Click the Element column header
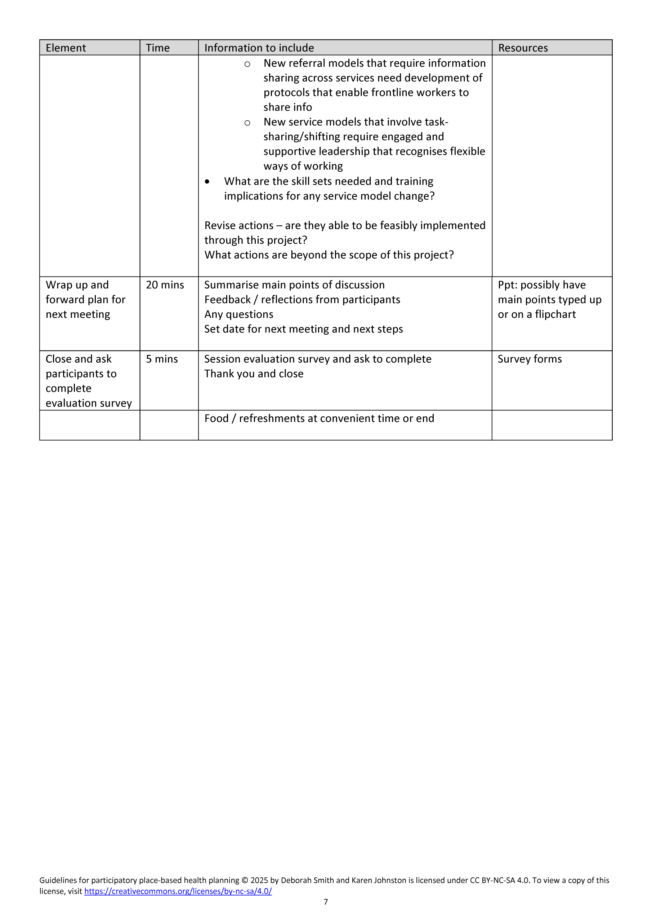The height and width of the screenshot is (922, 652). tap(66, 48)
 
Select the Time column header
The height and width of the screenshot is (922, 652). tap(157, 48)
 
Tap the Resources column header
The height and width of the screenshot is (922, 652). tap(523, 48)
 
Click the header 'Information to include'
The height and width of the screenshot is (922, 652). tap(259, 48)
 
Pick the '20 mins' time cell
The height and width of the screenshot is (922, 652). tap(165, 285)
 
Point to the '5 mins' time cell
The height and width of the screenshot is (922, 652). tap(161, 359)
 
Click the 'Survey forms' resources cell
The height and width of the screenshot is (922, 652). tap(530, 359)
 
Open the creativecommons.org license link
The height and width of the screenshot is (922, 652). tap(178, 891)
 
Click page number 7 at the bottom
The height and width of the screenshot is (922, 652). tap(326, 902)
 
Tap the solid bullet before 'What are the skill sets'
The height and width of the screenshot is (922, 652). tap(207, 182)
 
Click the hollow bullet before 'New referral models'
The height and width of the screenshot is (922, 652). tap(247, 64)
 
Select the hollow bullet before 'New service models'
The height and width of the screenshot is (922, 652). tap(247, 123)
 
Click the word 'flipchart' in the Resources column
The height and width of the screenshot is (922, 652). tap(555, 314)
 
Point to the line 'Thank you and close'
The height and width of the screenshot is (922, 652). tap(254, 374)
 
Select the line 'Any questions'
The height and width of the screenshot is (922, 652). tap(238, 314)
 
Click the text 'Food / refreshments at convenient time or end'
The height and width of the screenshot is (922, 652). tap(319, 419)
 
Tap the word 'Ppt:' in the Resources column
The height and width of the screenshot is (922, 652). tap(507, 285)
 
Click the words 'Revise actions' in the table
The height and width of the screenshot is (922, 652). tap(238, 226)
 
